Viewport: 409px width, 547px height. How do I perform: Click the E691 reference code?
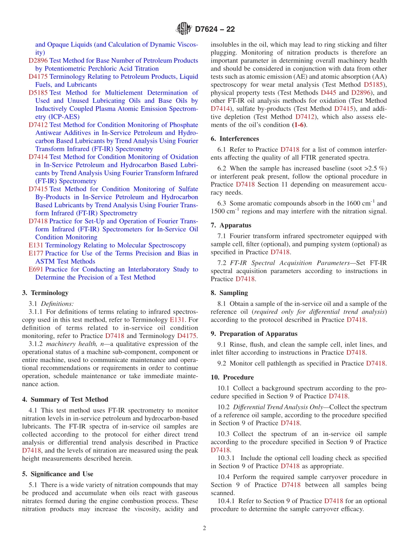tap(36, 269)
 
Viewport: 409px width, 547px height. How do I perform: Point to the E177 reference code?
tap(36, 253)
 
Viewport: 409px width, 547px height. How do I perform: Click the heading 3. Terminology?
tap(45, 293)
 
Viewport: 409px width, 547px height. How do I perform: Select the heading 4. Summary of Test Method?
tap(65, 399)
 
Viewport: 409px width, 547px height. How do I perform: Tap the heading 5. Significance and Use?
tap(57, 474)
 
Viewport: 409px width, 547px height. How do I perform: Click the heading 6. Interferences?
tap(235, 138)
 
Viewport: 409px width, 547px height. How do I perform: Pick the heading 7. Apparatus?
tap(231, 225)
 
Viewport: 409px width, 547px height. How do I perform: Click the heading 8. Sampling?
tap(229, 292)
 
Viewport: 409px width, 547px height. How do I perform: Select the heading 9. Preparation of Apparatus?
tap(254, 333)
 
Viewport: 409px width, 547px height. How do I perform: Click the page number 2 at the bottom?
tap(204, 529)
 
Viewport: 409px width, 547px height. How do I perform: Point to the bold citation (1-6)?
tap(300, 125)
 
